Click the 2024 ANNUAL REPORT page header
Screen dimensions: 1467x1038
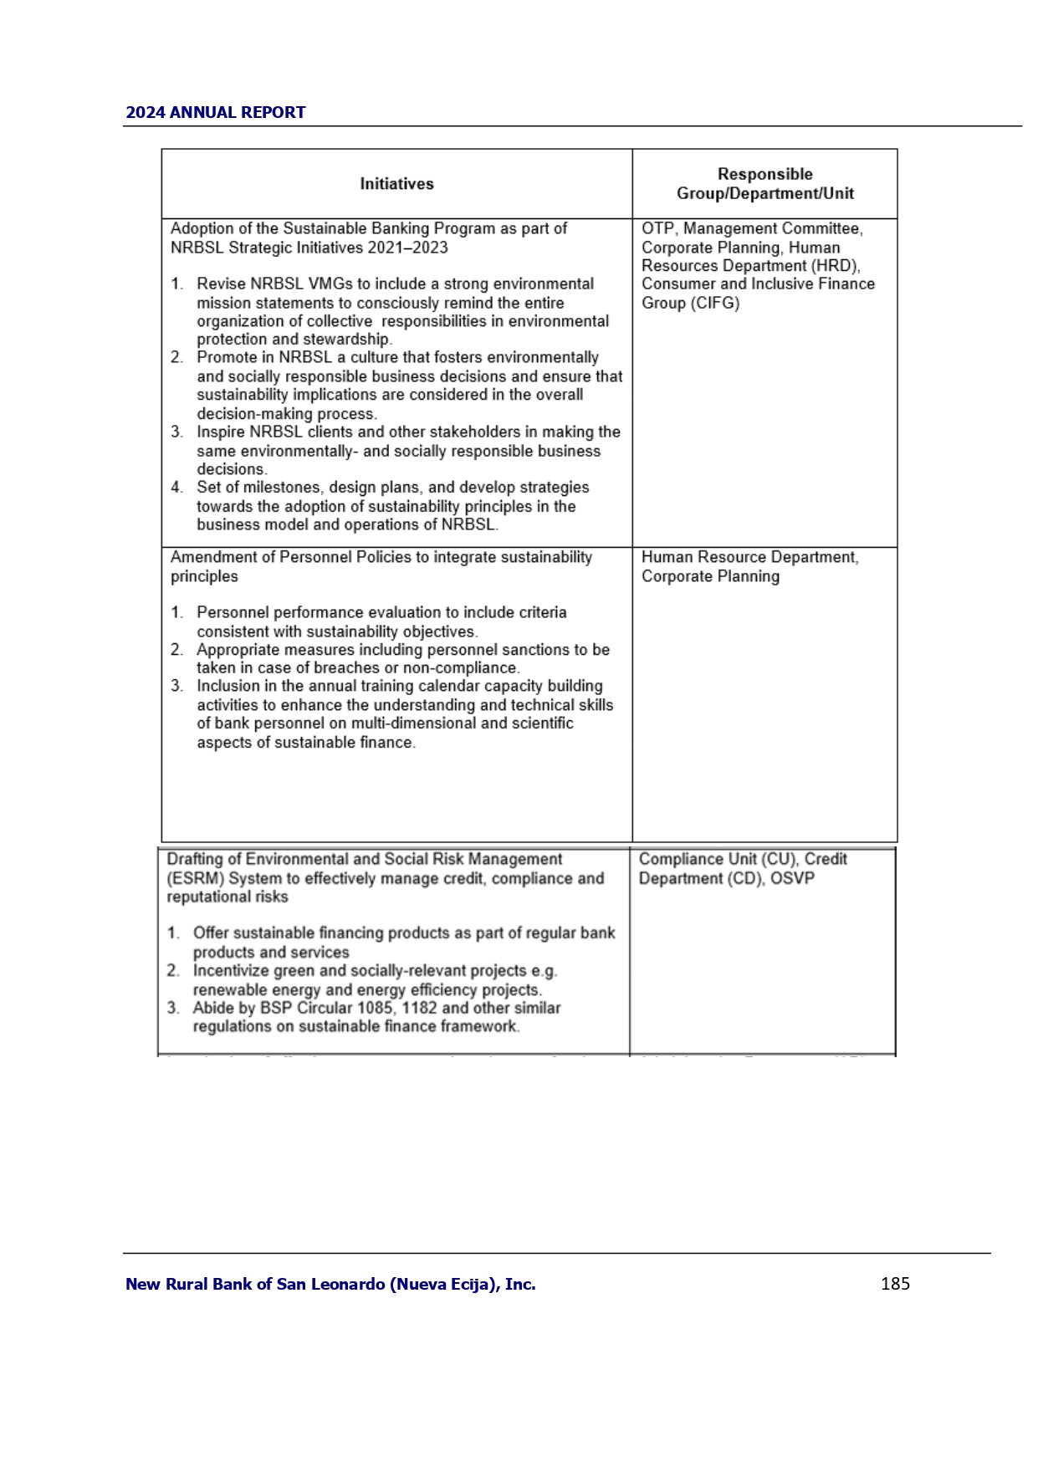click(x=215, y=113)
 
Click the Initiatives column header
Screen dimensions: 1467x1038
click(x=396, y=184)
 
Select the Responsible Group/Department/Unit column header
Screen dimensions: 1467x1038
click(x=764, y=184)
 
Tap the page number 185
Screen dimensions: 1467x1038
click(x=895, y=1284)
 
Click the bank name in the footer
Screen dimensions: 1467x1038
click(x=330, y=1285)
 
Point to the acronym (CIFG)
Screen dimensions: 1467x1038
click(x=715, y=303)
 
